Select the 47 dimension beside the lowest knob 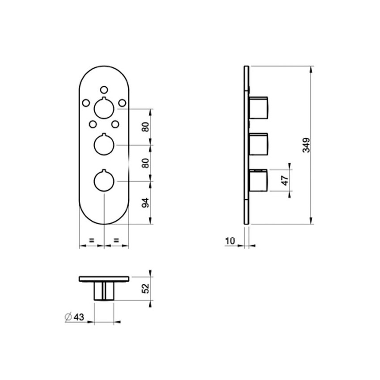coord(285,181)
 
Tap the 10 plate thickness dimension coord(230,241)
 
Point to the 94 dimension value coord(145,203)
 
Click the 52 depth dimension coord(145,288)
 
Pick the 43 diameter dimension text coord(79,317)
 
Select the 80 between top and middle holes coord(145,127)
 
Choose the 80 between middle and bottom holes coord(145,163)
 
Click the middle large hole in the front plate coord(104,144)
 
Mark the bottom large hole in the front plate coord(104,181)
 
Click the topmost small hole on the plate coord(104,89)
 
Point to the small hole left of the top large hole coord(85,103)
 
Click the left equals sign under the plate coord(91,240)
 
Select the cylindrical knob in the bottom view coord(104,291)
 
